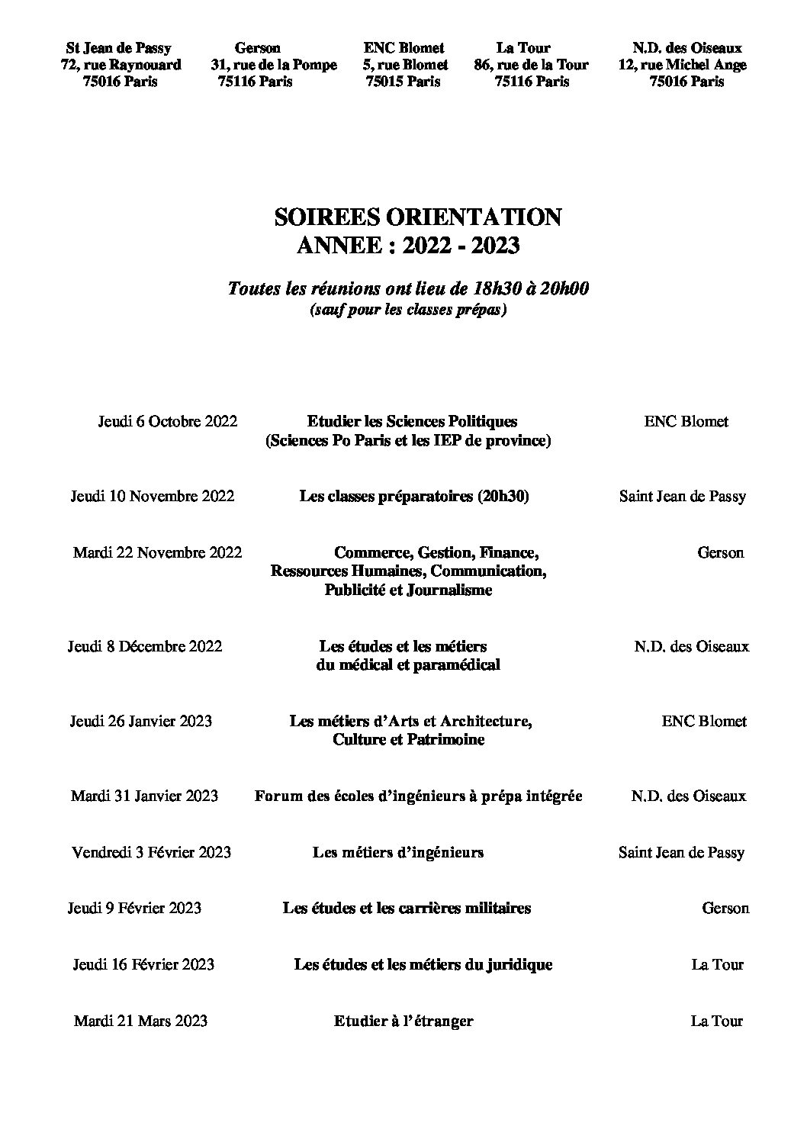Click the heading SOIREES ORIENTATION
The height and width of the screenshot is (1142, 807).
tap(417, 217)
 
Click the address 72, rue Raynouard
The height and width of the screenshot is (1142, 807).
tap(121, 65)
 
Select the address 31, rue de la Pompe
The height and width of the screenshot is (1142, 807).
tap(274, 65)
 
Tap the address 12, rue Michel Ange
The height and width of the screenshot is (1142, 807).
tap(682, 65)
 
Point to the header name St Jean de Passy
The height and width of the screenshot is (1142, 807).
tap(118, 48)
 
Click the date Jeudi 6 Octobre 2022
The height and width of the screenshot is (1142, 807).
tap(167, 421)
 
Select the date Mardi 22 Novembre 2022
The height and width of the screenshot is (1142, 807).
tap(157, 552)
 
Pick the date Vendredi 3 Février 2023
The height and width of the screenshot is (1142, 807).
tap(151, 852)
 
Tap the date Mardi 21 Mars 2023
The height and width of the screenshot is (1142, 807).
tap(140, 1021)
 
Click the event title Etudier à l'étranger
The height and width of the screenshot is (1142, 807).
tap(403, 1021)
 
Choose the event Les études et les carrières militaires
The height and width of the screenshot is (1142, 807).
tap(407, 908)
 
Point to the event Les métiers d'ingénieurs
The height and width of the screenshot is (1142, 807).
tap(397, 852)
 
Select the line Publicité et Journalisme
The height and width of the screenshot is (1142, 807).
tap(407, 590)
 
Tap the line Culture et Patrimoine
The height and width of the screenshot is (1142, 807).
tap(408, 739)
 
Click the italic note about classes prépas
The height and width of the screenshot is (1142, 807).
tap(407, 310)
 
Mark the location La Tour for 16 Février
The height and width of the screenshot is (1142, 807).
tap(717, 964)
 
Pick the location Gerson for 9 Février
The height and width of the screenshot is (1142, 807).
tap(725, 908)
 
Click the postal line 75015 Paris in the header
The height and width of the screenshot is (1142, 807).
tap(403, 82)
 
